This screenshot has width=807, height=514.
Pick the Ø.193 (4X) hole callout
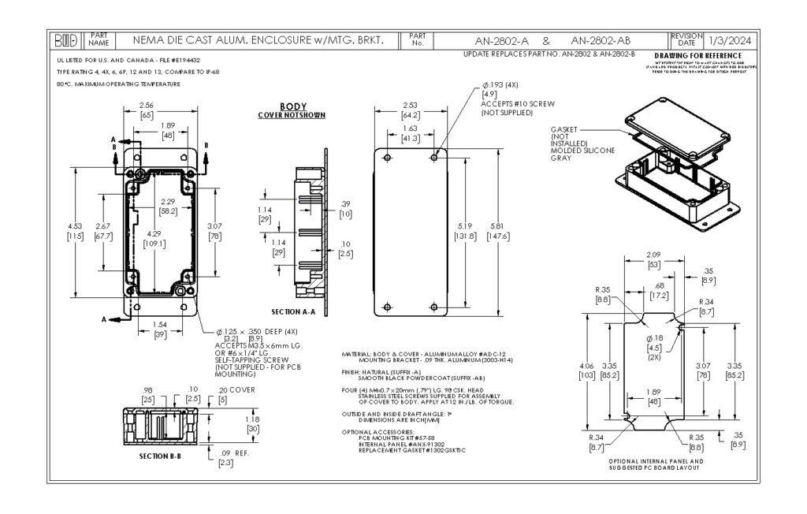501,84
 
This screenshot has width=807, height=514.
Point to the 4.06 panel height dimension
586,366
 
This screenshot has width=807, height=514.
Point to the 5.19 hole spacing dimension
463,228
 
